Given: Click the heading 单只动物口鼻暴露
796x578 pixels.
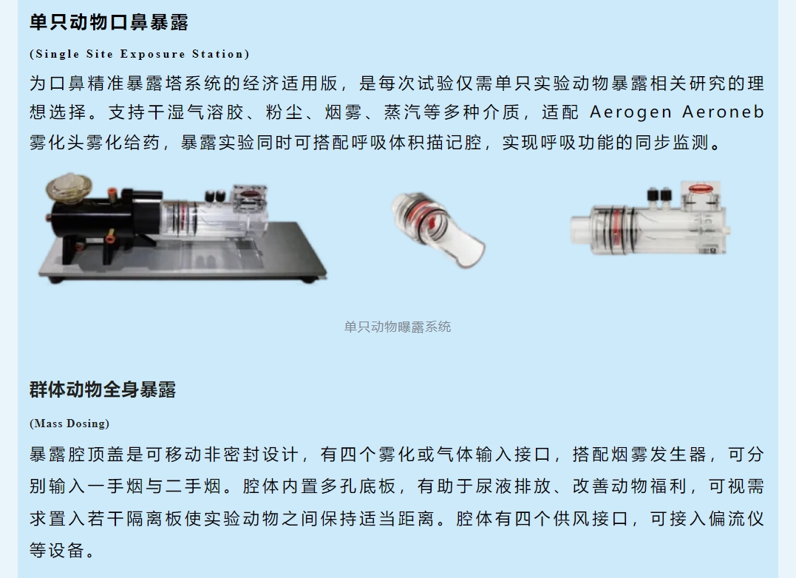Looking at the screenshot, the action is (109, 23).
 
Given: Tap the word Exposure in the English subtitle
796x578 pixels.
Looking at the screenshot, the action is (152, 54).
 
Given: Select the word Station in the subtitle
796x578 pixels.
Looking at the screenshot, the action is (218, 54).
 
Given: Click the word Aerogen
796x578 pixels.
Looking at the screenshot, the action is (631, 112).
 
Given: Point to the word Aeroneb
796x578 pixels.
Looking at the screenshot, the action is (724, 112).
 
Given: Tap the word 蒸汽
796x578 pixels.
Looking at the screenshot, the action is (402, 112).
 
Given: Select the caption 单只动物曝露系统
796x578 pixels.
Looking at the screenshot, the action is (398, 327).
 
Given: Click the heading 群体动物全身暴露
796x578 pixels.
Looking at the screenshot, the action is (103, 390).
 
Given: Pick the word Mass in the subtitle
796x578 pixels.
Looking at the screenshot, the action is (47, 424).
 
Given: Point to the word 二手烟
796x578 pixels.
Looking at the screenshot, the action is (194, 486).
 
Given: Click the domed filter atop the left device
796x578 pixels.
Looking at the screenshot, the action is (69, 187).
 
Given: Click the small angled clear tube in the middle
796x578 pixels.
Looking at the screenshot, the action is (438, 229).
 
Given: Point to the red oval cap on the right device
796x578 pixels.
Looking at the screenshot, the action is (701, 188).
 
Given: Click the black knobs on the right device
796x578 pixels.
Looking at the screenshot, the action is (659, 194).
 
